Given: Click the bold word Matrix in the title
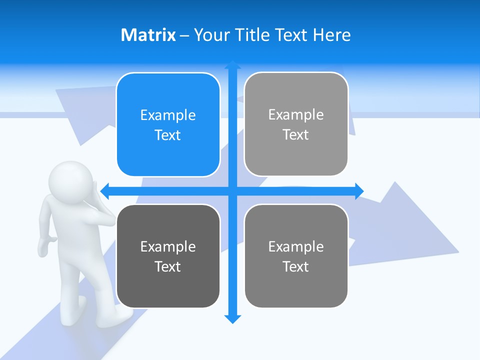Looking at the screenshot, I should pos(148,35).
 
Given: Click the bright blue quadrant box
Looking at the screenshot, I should pos(168,125).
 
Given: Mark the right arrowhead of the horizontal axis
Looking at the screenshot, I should pos(359,190).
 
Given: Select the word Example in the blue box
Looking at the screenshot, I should pos(168,115).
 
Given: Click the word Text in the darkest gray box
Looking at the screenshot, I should pos(168,266).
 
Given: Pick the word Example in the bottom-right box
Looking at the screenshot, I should pos(296,246).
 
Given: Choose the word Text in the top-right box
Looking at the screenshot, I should pos(296,134).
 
